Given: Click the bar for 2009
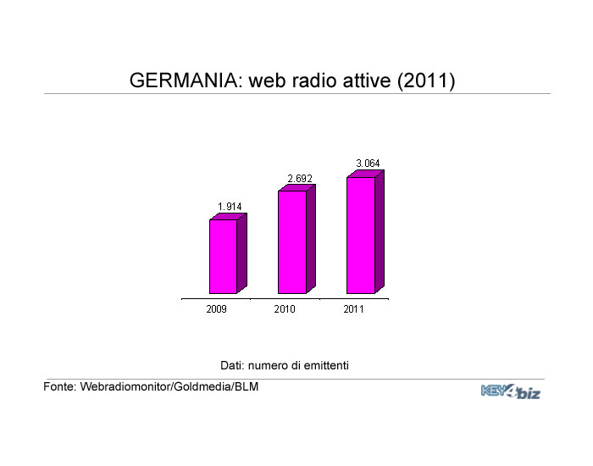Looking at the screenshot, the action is coord(228,253).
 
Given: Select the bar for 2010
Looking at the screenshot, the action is coord(296,239).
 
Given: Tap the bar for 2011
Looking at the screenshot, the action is coord(365,232).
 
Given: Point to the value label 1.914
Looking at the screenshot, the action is coord(230,207).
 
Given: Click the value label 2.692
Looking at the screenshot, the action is coord(300,179).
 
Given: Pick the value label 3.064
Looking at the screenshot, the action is coord(368,164).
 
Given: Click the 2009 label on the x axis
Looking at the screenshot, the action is coord(216,309).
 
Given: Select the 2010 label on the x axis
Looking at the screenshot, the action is coord(285,309).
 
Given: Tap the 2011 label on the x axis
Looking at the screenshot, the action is coord(353,309).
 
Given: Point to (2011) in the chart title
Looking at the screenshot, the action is coord(426,80).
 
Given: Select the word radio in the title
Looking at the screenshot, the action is coord(314,80).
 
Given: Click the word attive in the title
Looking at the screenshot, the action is coord(367,80).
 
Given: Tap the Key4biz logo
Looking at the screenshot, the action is coord(511,391).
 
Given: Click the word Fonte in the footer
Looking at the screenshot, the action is coord(60,386).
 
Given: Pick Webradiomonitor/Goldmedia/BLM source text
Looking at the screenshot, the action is coord(169,386).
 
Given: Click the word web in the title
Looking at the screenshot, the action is coord(268,80).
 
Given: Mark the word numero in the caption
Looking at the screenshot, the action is coord(269,366).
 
